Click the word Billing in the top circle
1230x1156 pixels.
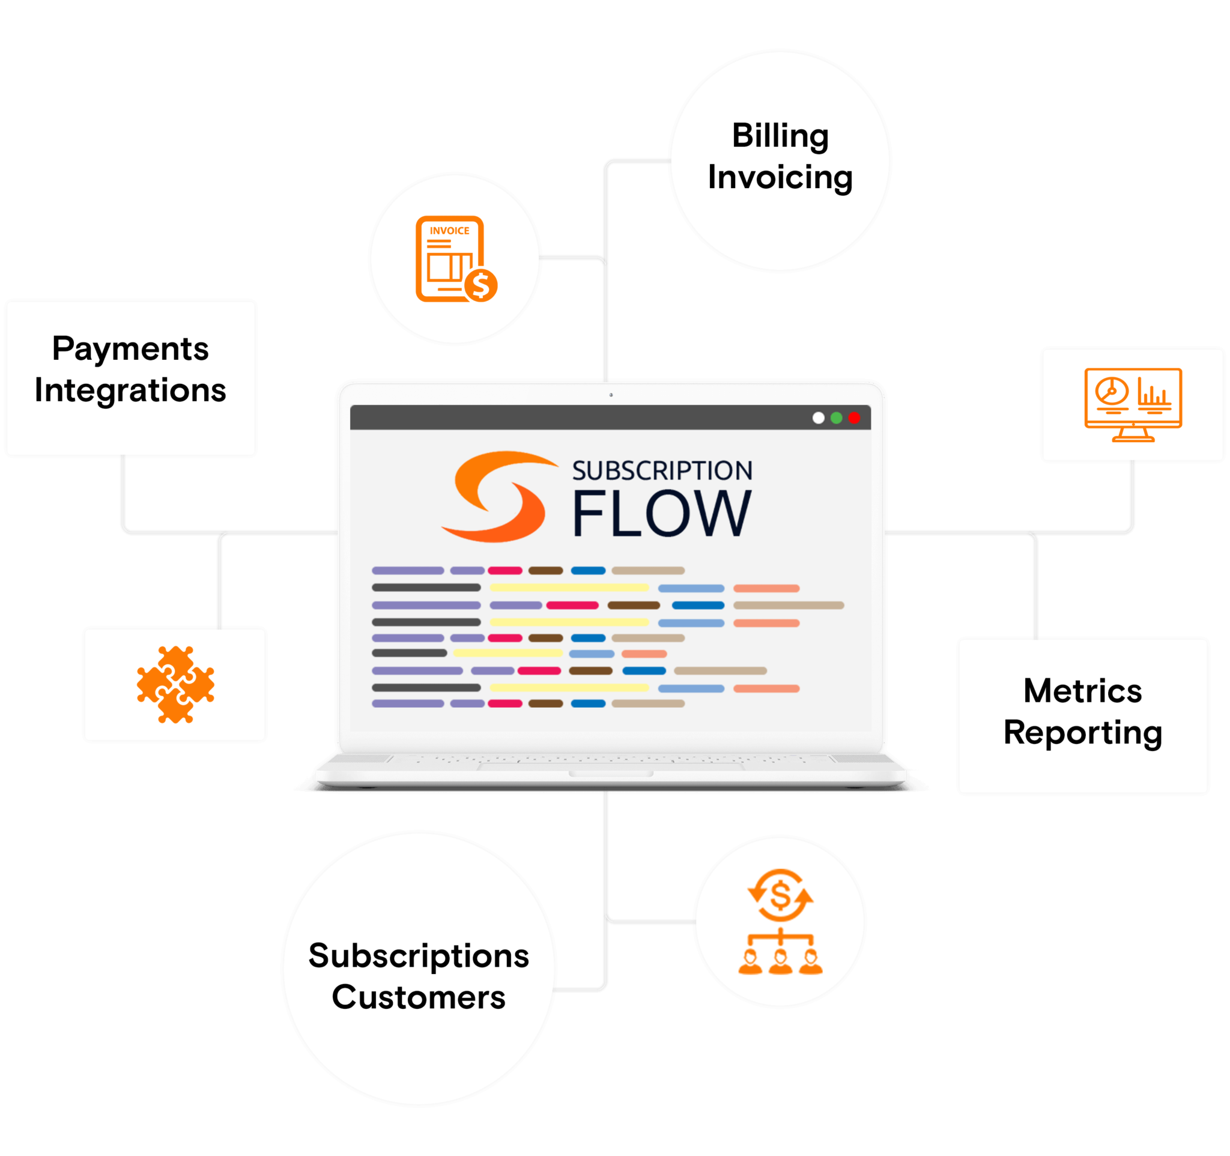point(780,136)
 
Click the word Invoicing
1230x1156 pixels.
point(780,178)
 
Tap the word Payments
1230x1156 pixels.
point(130,348)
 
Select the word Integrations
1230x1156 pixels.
point(130,391)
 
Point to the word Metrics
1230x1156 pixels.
point(1083,690)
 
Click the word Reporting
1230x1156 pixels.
point(1083,732)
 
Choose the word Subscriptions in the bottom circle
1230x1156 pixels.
point(419,956)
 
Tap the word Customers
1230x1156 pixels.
point(419,997)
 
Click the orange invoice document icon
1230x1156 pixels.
point(450,259)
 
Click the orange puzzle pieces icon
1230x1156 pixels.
point(176,684)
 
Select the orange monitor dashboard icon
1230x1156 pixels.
point(1133,405)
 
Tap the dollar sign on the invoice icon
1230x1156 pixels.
point(480,285)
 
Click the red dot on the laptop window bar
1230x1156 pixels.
point(855,418)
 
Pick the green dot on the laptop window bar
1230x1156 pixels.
point(837,418)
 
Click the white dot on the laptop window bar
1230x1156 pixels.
point(819,418)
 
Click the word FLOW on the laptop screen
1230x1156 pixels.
point(661,513)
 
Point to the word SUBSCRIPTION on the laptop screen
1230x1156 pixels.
point(662,471)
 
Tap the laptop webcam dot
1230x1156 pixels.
point(611,394)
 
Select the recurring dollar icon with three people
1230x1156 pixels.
point(780,922)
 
